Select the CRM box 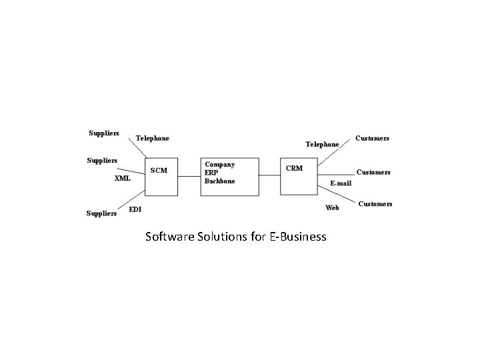click(299, 177)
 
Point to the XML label click(122, 179)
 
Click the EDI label click(135, 209)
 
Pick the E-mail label click(342, 182)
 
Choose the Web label click(332, 208)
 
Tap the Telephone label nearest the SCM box click(153, 139)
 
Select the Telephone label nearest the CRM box click(322, 144)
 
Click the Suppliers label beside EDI click(103, 213)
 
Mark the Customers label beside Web click(375, 203)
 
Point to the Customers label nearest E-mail click(373, 172)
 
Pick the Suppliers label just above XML click(103, 160)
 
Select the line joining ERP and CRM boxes click(269, 175)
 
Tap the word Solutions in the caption click(225, 237)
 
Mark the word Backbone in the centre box click(220, 181)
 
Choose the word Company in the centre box click(220, 164)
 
